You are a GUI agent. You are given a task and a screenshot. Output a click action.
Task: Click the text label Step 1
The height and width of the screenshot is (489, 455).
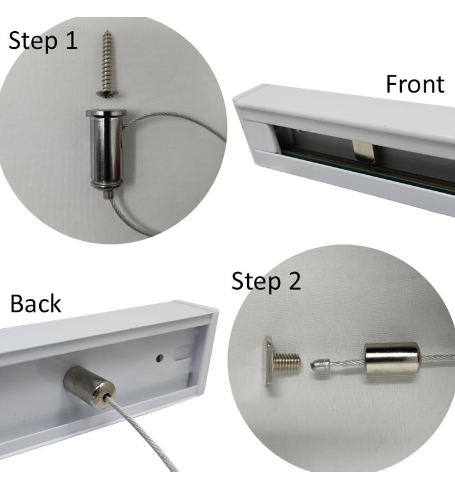coord(43,41)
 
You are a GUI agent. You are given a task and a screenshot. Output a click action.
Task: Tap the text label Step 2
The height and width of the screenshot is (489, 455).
coord(266,282)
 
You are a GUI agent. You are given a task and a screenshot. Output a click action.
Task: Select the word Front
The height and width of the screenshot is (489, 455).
coord(415,84)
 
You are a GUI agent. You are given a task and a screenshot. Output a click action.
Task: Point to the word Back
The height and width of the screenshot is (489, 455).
coord(35,303)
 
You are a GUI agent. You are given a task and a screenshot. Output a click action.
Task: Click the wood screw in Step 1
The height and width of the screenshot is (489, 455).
coord(107,64)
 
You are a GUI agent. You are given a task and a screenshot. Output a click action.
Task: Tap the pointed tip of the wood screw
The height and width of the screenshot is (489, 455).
coord(108,30)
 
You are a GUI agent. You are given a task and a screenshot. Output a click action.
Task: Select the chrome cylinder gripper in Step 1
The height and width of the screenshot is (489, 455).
coord(106,150)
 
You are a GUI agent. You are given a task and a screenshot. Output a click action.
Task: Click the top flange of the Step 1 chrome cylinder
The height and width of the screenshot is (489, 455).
coord(106,113)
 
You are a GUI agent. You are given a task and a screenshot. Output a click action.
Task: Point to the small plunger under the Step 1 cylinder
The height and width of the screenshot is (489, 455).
coord(108,194)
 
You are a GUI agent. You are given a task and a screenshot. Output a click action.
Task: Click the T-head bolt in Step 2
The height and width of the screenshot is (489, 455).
coord(283,362)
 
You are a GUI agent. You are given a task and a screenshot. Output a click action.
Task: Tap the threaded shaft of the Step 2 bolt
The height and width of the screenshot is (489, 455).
coord(287,362)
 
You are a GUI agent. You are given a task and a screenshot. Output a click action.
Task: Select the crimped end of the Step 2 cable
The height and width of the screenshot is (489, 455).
coord(320,364)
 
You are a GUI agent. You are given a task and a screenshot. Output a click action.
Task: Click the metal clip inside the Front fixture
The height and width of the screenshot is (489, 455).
coord(363,152)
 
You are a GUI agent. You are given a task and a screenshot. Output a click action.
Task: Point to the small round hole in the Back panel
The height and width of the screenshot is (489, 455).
coord(160,358)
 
